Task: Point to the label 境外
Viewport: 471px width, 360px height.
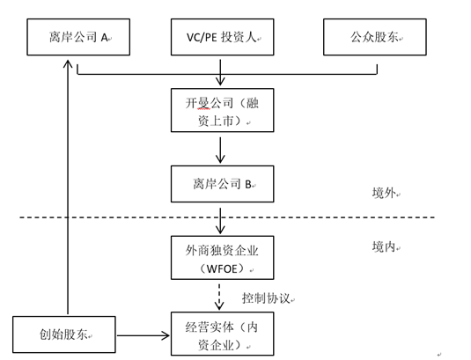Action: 384,193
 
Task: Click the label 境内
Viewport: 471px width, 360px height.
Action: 384,246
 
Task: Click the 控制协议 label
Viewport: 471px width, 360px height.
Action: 266,298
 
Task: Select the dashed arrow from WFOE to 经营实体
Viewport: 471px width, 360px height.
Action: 219,297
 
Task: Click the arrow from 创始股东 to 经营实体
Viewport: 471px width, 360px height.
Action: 144,335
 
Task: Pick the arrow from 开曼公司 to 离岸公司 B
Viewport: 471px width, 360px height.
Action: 220,151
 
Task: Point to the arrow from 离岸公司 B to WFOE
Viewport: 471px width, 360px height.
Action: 220,221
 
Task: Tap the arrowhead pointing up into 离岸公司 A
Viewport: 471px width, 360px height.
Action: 68,63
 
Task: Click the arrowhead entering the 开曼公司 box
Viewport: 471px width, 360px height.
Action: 220,81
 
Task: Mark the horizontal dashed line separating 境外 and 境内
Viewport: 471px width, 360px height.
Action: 227,217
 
